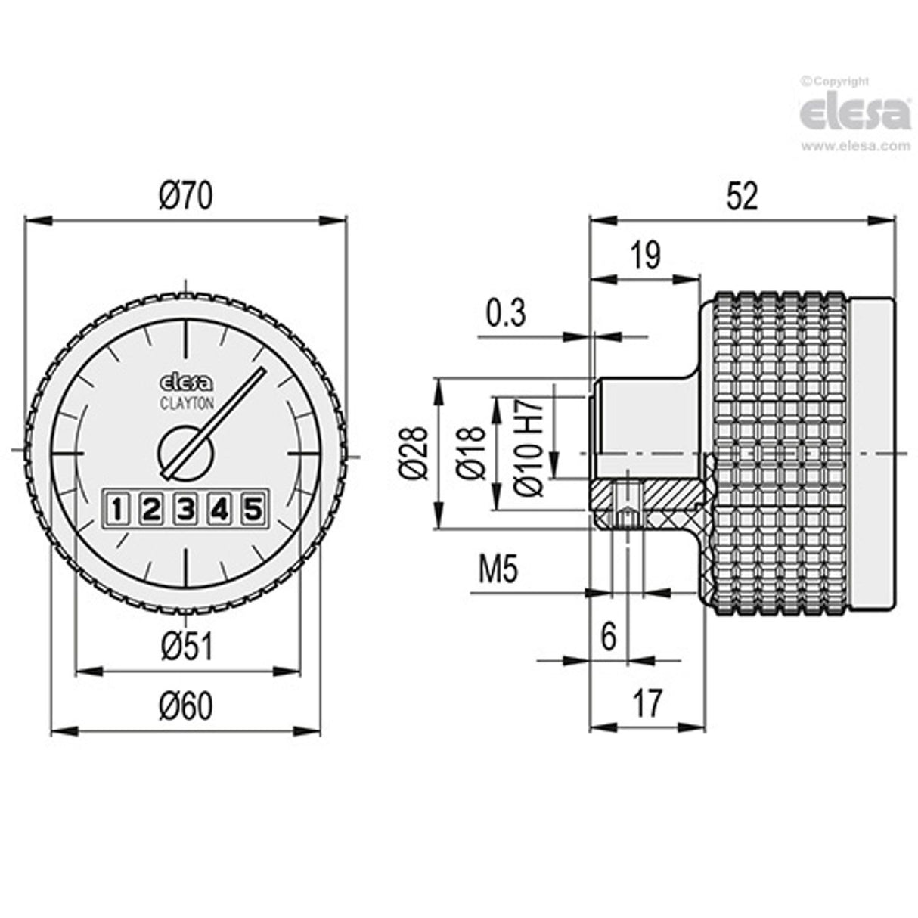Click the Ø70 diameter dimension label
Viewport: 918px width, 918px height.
[186, 197]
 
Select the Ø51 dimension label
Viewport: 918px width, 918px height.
[186, 647]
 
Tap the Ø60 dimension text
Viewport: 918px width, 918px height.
[186, 706]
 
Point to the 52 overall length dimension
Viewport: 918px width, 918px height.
[741, 197]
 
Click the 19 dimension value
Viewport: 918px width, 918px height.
[645, 256]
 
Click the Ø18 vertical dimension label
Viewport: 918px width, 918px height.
[473, 452]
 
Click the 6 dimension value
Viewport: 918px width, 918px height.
[609, 637]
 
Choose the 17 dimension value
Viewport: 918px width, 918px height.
[647, 703]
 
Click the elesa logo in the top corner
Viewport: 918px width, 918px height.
[855, 113]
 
